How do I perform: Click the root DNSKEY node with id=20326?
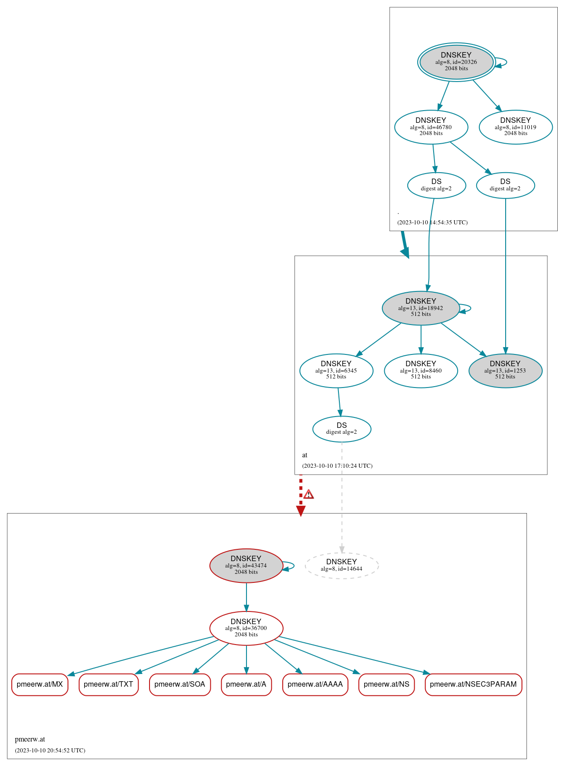456,62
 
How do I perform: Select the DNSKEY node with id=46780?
431,127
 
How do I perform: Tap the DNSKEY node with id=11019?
516,127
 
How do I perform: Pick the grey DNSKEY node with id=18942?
420,308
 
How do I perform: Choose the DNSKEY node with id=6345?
336,370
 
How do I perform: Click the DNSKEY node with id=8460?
420,370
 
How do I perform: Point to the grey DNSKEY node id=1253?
505,370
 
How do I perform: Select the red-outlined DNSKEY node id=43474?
246,565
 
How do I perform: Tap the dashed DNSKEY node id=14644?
342,565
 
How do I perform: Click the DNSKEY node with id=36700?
246,628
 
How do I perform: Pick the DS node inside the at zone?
342,428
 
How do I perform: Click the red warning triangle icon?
309,495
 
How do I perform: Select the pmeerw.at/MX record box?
40,684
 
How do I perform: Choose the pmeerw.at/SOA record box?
180,684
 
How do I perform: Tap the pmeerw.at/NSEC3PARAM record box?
473,684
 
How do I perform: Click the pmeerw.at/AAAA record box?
315,684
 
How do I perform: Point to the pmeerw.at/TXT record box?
108,684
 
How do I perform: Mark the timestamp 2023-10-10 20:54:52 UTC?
50,750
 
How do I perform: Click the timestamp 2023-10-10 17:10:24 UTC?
337,465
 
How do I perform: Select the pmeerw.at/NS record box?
386,684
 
